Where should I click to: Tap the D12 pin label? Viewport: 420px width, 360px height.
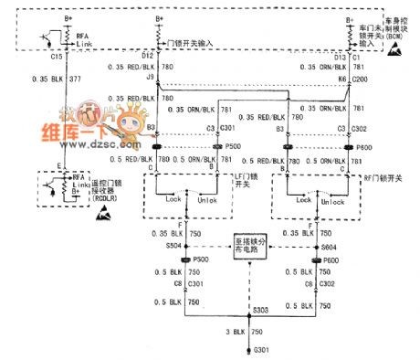[x=150, y=56]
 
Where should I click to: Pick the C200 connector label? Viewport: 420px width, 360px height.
[x=359, y=79]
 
